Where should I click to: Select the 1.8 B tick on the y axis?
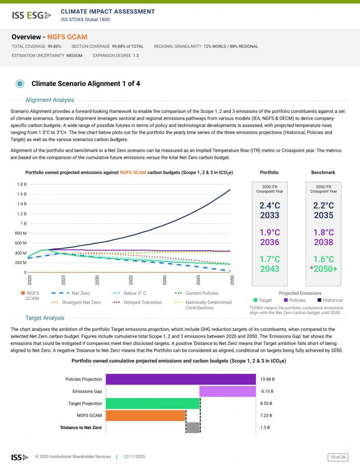pyautogui.click(x=21, y=184)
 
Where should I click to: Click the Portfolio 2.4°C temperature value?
pyautogui.click(x=270, y=205)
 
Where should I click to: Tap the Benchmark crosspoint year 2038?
pyautogui.click(x=323, y=242)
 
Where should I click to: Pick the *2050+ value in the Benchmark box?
pyautogui.click(x=323, y=269)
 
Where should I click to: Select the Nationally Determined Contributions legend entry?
pyautogui.click(x=208, y=305)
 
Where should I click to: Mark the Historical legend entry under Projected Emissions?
pyautogui.click(x=329, y=300)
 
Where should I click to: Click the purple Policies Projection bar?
pyautogui.click(x=180, y=379)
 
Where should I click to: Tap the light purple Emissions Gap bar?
pyautogui.click(x=227, y=391)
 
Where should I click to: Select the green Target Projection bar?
pyautogui.click(x=152, y=403)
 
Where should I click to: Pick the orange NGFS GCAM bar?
pyautogui.click(x=146, y=415)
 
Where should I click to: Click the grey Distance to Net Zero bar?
pyautogui.click(x=193, y=428)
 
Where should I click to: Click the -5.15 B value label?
pyautogui.click(x=267, y=391)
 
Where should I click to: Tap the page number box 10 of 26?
pyautogui.click(x=338, y=457)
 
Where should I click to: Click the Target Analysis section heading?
pyautogui.click(x=45, y=318)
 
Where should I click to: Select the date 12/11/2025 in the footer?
pyautogui.click(x=134, y=457)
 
